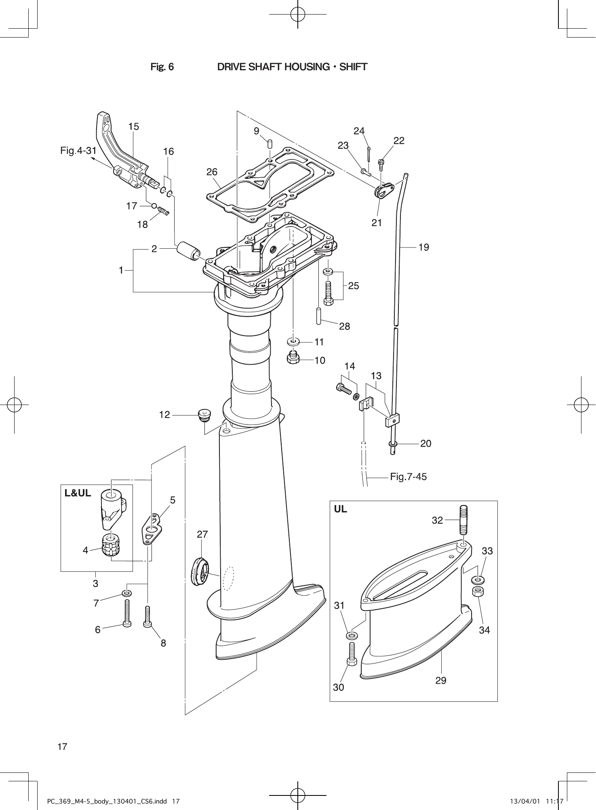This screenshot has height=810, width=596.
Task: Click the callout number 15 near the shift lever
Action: (133, 127)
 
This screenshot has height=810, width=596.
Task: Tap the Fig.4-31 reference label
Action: (78, 151)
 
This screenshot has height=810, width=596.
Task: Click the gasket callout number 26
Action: (212, 172)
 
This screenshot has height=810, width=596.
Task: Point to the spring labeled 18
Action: (164, 211)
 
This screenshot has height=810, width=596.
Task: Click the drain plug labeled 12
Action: (205, 414)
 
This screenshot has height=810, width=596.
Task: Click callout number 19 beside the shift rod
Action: (423, 247)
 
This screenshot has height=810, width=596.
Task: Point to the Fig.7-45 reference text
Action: (408, 477)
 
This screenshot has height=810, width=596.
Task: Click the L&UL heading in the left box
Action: (78, 493)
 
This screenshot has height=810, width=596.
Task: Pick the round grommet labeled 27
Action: (199, 570)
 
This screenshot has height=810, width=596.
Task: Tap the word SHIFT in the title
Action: (353, 67)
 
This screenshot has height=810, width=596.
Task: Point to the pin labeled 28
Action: (318, 316)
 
